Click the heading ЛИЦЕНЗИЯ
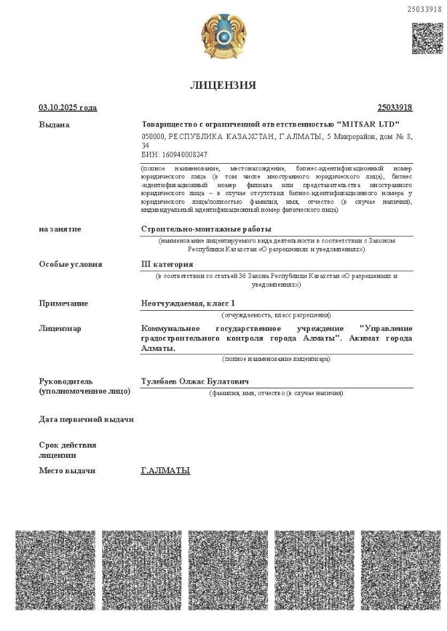pos(223,85)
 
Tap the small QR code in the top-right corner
pos(427,39)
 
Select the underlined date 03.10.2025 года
pos(67,108)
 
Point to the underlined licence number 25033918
pos(395,108)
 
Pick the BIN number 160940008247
pos(176,154)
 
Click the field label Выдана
pos(54,124)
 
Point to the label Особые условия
pos(71,264)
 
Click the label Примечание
pos(63,303)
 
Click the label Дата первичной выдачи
pos(86,419)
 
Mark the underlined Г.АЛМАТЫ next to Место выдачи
pos(166,471)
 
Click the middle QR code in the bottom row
pos(223,570)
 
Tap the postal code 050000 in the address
pos(154,136)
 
